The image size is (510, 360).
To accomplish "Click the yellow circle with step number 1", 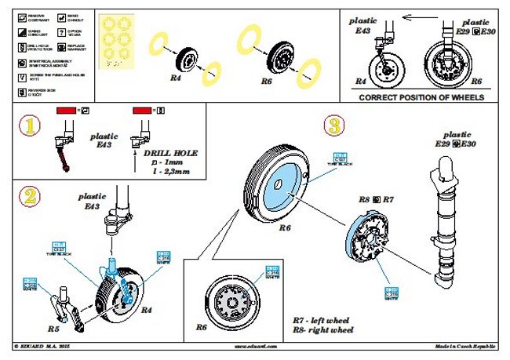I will coord(29,125).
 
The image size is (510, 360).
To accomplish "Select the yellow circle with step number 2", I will coord(29,196).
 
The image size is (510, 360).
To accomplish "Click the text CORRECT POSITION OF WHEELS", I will coord(421,98).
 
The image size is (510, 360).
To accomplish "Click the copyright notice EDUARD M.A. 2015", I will coord(47,346).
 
